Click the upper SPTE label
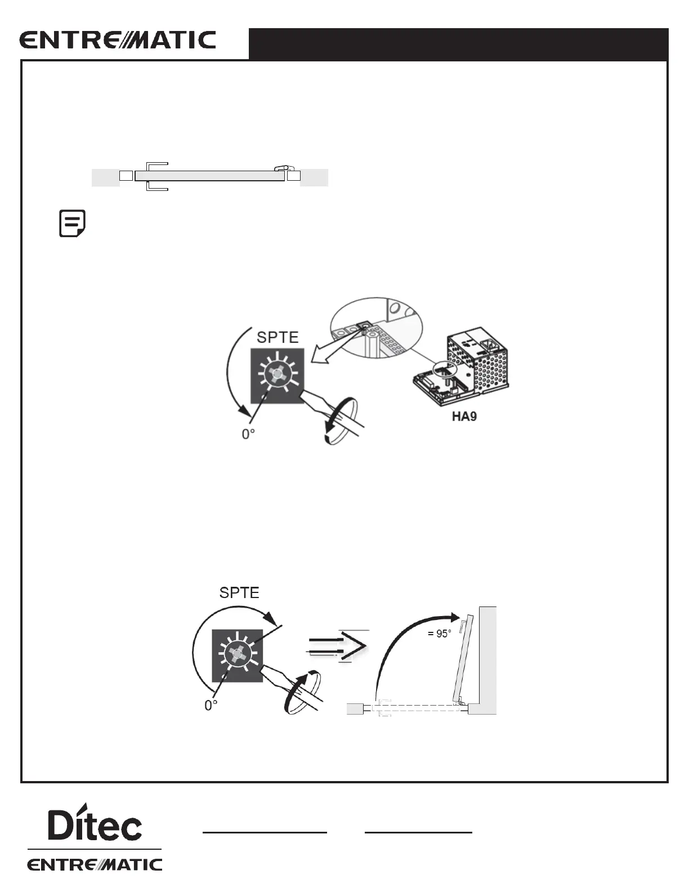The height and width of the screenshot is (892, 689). tap(278, 337)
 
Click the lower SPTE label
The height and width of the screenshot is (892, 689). tap(239, 593)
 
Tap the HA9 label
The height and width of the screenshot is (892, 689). tap(464, 417)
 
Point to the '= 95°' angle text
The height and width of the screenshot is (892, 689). tap(439, 634)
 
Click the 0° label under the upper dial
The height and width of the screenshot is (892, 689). tap(248, 435)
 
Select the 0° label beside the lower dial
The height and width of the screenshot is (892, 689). tap(211, 706)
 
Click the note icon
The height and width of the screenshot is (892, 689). tap(73, 224)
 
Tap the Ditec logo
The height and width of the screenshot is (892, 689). tap(95, 823)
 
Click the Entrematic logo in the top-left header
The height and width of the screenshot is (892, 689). tap(118, 41)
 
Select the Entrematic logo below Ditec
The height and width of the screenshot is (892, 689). tap(95, 864)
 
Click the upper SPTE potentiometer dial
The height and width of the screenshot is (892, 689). tap(277, 374)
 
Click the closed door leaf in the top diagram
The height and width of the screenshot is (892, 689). tap(209, 176)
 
